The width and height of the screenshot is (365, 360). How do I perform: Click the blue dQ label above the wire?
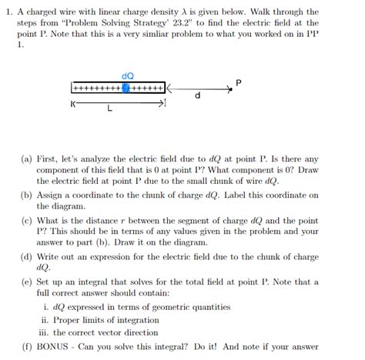tap(128, 75)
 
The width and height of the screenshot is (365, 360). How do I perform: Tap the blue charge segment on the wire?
tap(126, 88)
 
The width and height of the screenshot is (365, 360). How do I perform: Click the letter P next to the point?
tap(239, 82)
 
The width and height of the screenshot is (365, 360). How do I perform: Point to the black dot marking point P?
tap(229, 88)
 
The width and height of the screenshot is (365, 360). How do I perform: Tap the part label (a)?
tap(27, 159)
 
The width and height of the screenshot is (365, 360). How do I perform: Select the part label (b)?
tap(27, 195)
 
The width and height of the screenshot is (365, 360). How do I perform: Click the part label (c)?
tap(27, 219)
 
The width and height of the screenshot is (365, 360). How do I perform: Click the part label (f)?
tap(27, 345)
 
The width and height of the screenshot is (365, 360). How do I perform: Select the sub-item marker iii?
tap(48, 332)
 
